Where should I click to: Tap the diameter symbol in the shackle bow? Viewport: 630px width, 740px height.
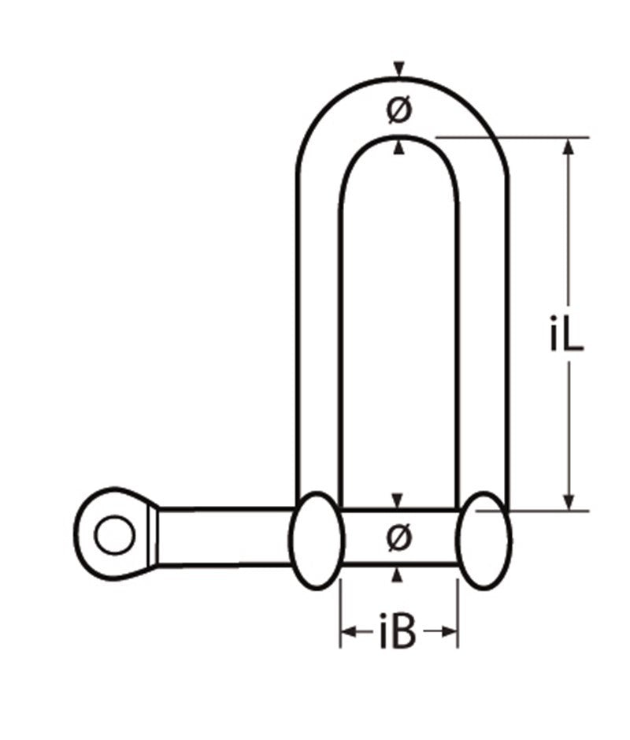399,111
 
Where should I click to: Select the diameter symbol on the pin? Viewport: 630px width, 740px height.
399,538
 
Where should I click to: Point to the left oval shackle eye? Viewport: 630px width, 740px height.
317,540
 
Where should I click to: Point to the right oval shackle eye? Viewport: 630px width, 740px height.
484,540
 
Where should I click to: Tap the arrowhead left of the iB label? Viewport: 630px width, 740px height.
347,631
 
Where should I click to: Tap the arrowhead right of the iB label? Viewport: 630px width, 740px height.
450,631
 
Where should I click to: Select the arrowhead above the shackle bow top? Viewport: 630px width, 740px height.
400,70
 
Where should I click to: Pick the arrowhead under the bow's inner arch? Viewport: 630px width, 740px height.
400,147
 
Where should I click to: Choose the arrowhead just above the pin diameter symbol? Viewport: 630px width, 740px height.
398,501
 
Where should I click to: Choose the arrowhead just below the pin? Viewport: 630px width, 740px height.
398,576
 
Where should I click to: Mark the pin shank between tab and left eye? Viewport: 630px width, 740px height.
224,537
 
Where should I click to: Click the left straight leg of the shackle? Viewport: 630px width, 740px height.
318,331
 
